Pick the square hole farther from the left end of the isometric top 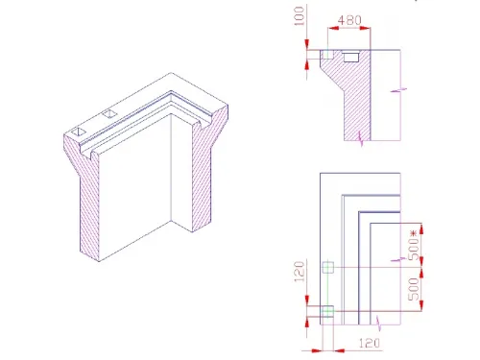click(109, 114)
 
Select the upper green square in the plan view click(327, 267)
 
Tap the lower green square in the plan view click(327, 310)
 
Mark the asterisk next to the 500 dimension click(415, 231)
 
